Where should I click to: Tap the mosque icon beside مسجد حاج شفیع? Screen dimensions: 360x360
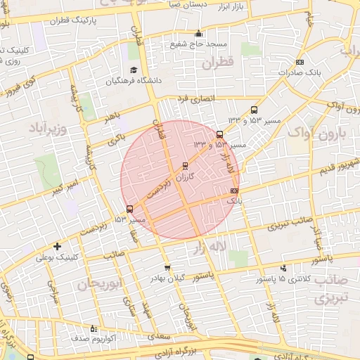click(x=198, y=33)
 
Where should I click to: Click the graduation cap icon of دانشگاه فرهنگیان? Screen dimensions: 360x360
click(x=133, y=70)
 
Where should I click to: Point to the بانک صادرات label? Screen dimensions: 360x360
click(x=299, y=72)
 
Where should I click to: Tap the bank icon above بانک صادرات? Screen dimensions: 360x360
click(x=300, y=61)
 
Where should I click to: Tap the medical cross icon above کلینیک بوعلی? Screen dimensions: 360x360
click(x=57, y=246)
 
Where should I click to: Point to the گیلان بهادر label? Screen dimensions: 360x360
click(x=166, y=278)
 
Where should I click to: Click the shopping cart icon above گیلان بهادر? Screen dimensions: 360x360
click(x=167, y=267)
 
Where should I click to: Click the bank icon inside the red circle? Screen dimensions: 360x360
click(x=234, y=191)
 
